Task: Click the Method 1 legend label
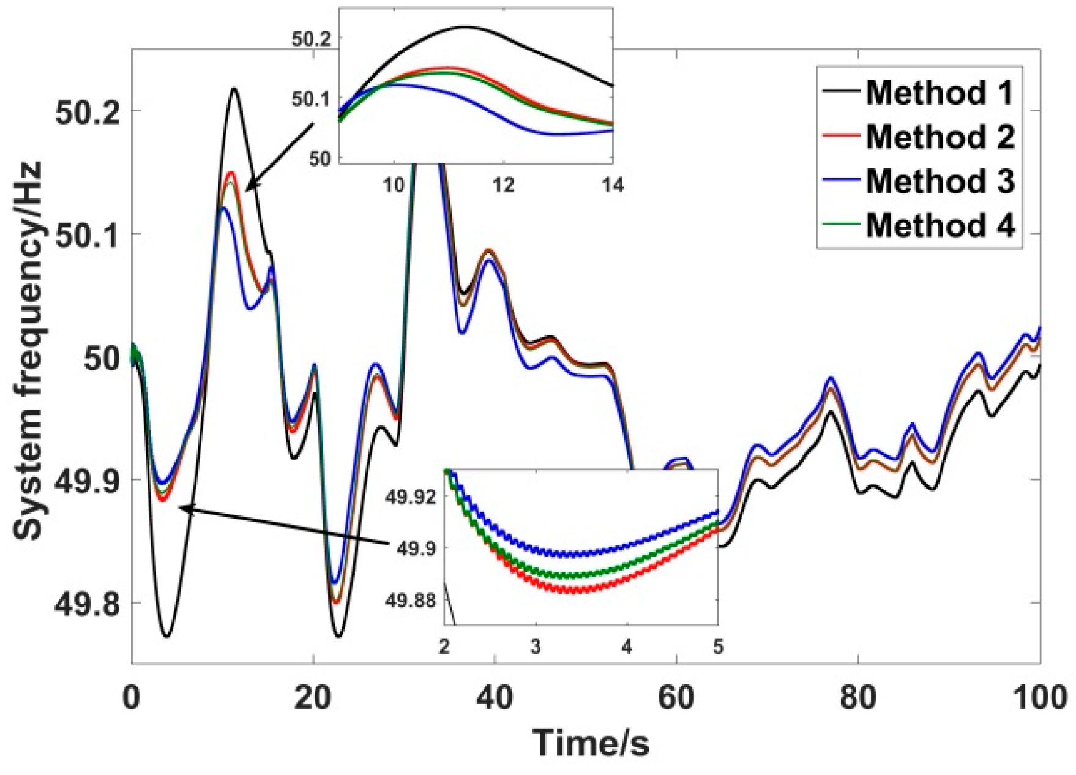pos(940,92)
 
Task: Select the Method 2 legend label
pos(940,137)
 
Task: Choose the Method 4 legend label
pos(940,225)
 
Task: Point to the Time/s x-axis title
pos(590,743)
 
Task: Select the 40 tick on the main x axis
pos(495,697)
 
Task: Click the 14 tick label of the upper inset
pos(612,184)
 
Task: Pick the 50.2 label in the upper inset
pos(311,39)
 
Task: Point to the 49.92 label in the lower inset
pos(411,496)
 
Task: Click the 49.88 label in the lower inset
pos(411,601)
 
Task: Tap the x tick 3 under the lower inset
pos(536,646)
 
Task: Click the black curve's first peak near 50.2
pos(234,89)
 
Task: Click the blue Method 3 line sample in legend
pos(842,181)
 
